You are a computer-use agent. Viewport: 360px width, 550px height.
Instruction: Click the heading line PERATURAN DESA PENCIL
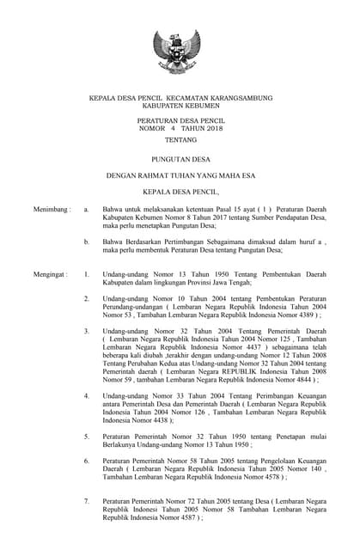180,121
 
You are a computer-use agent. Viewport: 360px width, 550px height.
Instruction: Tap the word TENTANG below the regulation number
180,140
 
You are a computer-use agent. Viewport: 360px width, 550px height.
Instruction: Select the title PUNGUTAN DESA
180,159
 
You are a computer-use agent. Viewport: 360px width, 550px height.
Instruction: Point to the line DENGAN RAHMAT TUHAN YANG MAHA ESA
180,175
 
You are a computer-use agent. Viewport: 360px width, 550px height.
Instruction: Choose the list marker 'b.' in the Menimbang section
86,242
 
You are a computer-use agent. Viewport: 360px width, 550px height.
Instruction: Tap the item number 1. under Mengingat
86,274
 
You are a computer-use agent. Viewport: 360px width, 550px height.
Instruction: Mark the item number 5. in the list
86,437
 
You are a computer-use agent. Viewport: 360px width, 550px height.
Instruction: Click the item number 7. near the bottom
86,499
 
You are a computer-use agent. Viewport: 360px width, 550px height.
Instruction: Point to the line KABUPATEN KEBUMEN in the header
180,106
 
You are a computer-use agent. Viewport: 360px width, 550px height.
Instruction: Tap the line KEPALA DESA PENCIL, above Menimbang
180,192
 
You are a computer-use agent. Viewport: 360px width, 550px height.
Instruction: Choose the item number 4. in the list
86,395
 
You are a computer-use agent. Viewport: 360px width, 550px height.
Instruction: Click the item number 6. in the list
86,461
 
